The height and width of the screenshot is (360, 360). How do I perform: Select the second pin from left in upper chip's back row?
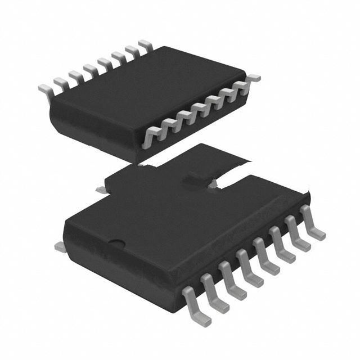[61, 81]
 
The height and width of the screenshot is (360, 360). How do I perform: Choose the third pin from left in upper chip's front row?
[183, 116]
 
